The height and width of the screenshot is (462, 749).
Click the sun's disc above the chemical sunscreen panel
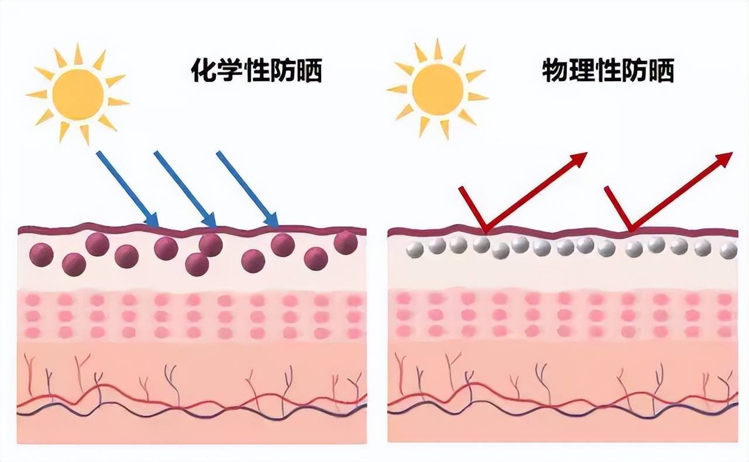tap(78, 94)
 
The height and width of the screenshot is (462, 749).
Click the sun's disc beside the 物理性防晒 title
tap(438, 90)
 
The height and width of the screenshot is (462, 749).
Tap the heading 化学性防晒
tap(256, 71)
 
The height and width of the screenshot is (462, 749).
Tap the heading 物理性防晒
tap(608, 71)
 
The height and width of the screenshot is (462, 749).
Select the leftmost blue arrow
tap(128, 189)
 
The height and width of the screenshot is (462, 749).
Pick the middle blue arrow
tap(185, 189)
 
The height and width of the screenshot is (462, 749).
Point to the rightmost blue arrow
tap(248, 189)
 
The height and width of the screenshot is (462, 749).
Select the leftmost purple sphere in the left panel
tap(42, 255)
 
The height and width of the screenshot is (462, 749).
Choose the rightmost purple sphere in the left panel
tap(346, 243)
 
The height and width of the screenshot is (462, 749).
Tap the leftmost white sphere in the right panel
tap(415, 250)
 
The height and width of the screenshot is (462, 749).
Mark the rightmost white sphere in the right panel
tap(729, 250)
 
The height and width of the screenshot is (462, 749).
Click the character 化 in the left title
tap(203, 71)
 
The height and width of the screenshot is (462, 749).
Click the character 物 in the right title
tap(554, 71)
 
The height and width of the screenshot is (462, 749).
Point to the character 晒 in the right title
tap(661, 71)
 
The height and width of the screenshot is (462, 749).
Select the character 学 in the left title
tap(230, 71)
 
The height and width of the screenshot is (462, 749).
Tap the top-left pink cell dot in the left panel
tap(33, 300)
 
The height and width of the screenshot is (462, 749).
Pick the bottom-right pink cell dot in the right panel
tap(724, 332)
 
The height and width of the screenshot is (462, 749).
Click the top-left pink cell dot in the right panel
tap(404, 298)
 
